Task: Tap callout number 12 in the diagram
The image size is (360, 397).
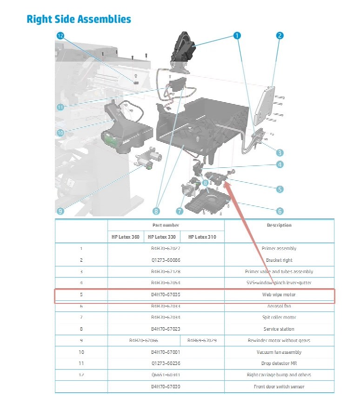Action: [60, 35]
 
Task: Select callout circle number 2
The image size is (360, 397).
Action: [280, 35]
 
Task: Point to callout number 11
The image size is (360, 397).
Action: [60, 107]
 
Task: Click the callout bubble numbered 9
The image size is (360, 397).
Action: [60, 211]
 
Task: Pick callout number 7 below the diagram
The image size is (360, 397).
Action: [179, 211]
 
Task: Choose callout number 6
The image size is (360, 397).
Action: [280, 211]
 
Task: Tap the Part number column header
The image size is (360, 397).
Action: [166, 225]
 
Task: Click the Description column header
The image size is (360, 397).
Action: [279, 225]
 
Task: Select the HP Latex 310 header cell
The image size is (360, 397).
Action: [202, 237]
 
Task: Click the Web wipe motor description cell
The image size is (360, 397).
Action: [279, 295]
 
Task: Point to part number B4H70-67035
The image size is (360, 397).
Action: [166, 295]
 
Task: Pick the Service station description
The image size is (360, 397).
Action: [279, 329]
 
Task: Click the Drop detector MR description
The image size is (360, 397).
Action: [279, 364]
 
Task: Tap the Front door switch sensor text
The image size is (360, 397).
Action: [279, 386]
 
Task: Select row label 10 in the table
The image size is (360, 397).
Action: [81, 352]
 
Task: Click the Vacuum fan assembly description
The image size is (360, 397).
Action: [279, 352]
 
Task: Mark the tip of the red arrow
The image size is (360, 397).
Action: [225, 181]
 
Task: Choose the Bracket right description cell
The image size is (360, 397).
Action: [279, 260]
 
